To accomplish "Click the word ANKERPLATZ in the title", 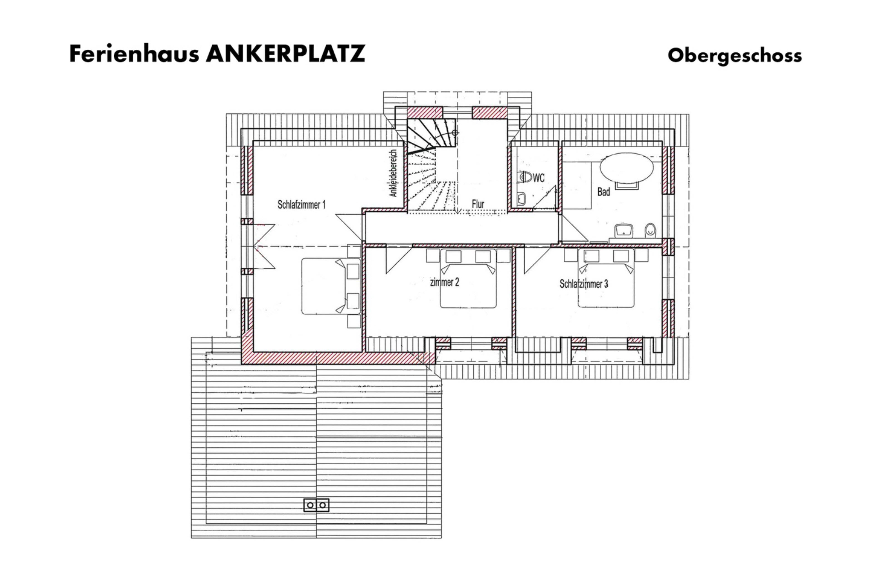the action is [x=285, y=54].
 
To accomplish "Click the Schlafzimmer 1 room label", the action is [x=301, y=204].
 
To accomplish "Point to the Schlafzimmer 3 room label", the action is [x=584, y=284].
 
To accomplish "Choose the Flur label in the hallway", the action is [x=478, y=204].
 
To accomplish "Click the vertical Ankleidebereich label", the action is [x=393, y=173].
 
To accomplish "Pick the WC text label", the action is [x=539, y=178].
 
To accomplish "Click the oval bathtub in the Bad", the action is [x=627, y=168].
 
